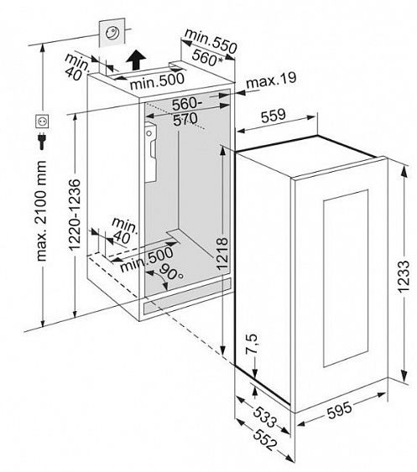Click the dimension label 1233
(403, 277)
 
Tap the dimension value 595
(339, 410)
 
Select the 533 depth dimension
(264, 418)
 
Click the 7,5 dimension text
(251, 343)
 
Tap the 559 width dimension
(273, 116)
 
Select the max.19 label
(271, 80)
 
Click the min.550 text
(211, 41)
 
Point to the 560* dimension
(207, 58)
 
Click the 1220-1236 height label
(75, 215)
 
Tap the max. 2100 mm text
(40, 210)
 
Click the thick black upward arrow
(136, 60)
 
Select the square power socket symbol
(42, 122)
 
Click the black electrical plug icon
(42, 141)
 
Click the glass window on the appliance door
(347, 278)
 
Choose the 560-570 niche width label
(186, 112)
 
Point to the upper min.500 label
(157, 80)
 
